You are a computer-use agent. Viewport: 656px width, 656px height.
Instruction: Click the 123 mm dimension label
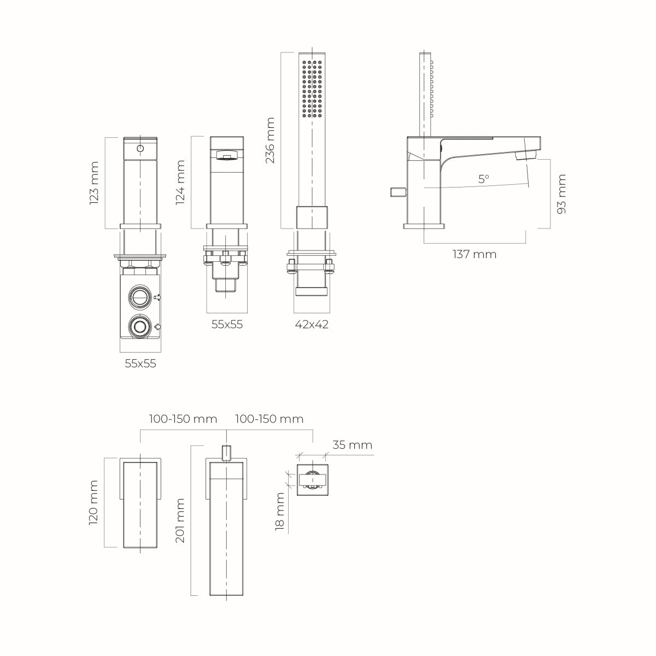pos(94,183)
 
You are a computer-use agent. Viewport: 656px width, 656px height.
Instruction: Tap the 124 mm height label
pos(180,182)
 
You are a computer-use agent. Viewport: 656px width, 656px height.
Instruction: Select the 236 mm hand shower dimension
pos(270,140)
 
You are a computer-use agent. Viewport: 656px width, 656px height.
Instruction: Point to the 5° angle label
pos(483,179)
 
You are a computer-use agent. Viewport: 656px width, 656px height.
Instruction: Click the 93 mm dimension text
pos(561,194)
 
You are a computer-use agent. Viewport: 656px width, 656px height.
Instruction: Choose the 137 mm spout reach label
pos(474,254)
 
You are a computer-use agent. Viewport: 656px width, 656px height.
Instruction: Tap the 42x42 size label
pos(312,324)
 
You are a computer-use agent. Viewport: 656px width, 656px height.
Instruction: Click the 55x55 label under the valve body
pos(140,364)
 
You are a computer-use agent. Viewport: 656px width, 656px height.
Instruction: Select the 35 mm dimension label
pos(353,445)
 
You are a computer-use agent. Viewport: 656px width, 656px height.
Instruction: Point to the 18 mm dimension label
pos(280,511)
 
